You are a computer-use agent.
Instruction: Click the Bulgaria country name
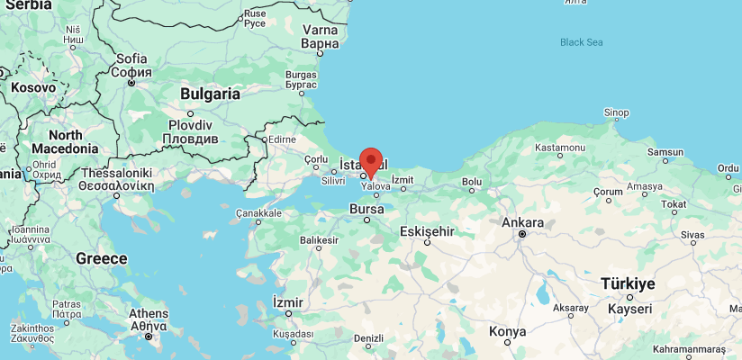[211, 94]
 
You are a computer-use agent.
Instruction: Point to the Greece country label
[101, 258]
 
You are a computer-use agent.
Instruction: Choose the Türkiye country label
[628, 283]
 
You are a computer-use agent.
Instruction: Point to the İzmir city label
[288, 301]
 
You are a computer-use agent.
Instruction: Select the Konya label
[507, 332]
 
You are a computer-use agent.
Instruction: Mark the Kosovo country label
[32, 88]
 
